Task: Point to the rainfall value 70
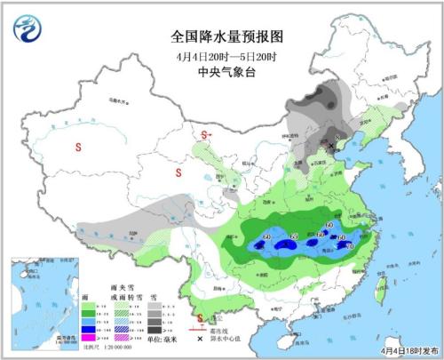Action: coord(348,245)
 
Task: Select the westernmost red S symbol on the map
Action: coord(79,147)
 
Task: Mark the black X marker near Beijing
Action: coord(332,142)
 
